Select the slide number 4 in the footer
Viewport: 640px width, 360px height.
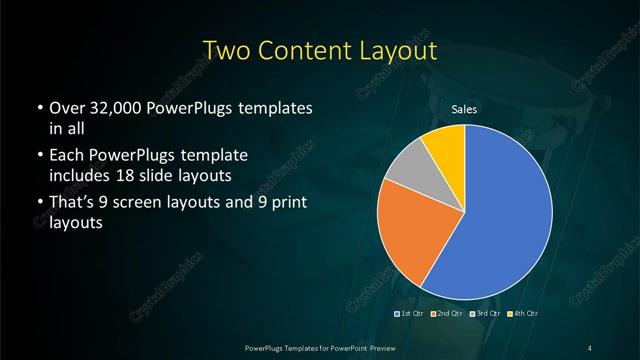[590, 346]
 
